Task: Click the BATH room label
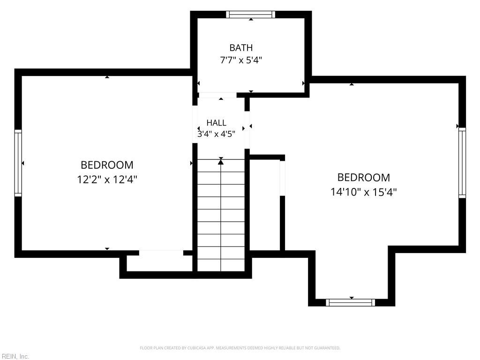(241, 48)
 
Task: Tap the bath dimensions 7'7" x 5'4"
(241, 60)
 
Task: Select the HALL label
(217, 123)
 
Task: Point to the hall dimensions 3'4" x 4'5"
(217, 134)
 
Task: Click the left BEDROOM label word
(107, 165)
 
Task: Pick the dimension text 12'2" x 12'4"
(107, 180)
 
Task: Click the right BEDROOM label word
(364, 178)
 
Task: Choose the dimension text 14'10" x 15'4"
(364, 192)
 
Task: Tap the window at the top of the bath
(251, 15)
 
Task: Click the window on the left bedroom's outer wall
(18, 163)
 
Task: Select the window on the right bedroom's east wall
(462, 163)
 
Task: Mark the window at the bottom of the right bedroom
(350, 302)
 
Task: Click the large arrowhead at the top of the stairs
(221, 162)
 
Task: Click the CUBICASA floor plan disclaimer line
(240, 348)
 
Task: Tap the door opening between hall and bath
(217, 95)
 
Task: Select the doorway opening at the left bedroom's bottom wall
(161, 253)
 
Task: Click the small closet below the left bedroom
(159, 263)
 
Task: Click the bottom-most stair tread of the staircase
(221, 265)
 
